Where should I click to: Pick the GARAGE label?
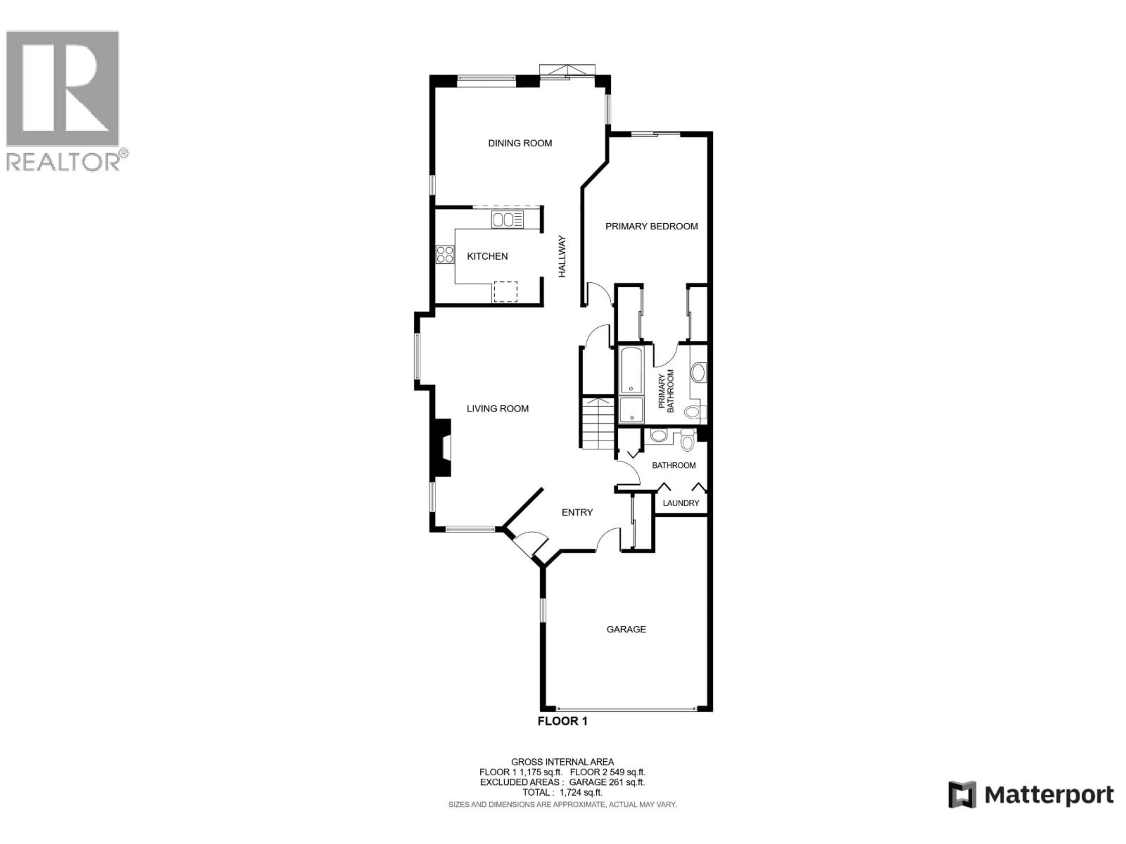(626, 629)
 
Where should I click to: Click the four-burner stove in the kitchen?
(445, 254)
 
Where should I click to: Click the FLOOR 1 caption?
(562, 721)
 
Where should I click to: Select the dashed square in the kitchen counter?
(505, 292)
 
